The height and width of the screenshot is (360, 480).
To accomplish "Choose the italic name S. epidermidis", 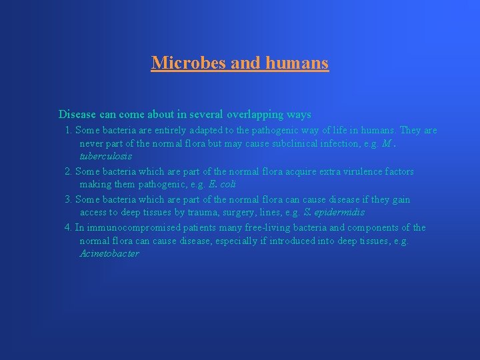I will click(x=333, y=213).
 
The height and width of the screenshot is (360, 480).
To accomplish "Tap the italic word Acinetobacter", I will click(x=109, y=254).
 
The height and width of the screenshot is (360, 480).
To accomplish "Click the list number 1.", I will click(x=68, y=131).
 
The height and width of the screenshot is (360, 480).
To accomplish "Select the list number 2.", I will click(x=68, y=172).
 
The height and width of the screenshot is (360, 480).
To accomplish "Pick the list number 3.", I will click(x=68, y=200).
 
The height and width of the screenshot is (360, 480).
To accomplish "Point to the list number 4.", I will click(x=68, y=228).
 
